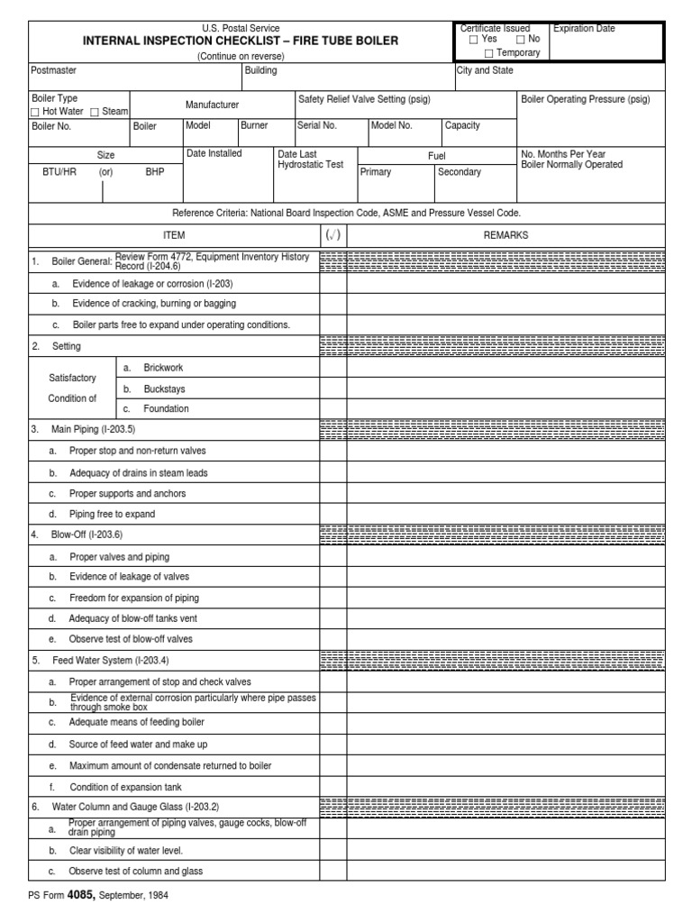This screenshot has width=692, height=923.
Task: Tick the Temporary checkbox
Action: (x=489, y=53)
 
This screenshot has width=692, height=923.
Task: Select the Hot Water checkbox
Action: (x=35, y=111)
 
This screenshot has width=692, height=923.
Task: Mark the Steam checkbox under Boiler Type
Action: (x=95, y=111)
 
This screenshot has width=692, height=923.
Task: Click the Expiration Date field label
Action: (x=584, y=29)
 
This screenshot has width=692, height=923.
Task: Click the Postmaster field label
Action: (x=54, y=70)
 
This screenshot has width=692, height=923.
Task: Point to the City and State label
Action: (x=485, y=70)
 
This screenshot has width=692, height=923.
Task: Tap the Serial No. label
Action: (x=316, y=126)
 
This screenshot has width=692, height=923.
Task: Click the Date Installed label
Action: (x=214, y=153)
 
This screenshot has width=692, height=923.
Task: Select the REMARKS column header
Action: (x=505, y=235)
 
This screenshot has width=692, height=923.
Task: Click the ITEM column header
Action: (x=174, y=235)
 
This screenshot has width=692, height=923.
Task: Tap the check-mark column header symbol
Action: (x=332, y=235)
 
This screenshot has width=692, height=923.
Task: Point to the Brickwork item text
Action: (x=163, y=368)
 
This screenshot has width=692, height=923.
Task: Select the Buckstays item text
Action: (x=163, y=388)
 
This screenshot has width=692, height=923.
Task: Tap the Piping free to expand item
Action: (x=113, y=514)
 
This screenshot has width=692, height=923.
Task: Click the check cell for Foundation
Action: (x=332, y=409)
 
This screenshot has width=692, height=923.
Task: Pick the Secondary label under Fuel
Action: (x=460, y=172)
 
